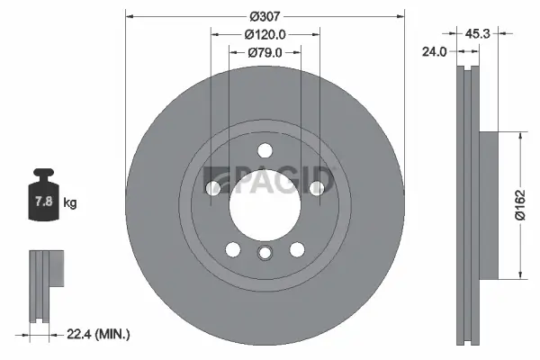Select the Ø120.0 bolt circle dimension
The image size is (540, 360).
pyautogui.click(x=264, y=34)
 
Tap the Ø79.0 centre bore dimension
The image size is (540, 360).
pyautogui.click(x=264, y=52)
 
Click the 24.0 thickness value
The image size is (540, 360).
pyautogui.click(x=435, y=52)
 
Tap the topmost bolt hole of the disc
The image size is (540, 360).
pyautogui.click(x=264, y=150)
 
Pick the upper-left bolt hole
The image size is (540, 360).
pyautogui.click(x=213, y=187)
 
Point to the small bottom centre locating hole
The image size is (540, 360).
pyautogui.click(x=264, y=253)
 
